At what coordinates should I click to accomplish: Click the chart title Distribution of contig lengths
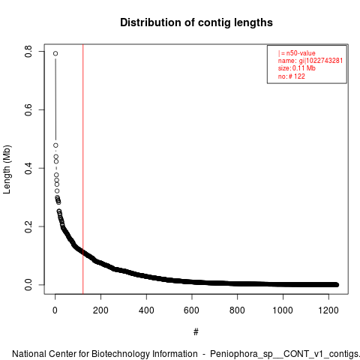[196, 22]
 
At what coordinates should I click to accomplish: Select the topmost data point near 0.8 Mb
[55, 53]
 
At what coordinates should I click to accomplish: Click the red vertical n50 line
[82, 169]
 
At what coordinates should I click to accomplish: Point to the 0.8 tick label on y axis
[28, 51]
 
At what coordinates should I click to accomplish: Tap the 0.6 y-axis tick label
[28, 109]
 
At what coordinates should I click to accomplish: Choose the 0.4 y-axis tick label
[28, 168]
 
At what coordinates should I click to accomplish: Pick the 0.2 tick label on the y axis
[28, 226]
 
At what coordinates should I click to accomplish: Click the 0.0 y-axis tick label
[28, 285]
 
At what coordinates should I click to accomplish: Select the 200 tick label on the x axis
[100, 310]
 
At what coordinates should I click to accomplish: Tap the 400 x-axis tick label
[146, 310]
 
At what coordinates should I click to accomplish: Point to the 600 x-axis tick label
[192, 310]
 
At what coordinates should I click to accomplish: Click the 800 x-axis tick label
[237, 310]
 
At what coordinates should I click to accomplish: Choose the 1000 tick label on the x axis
[283, 310]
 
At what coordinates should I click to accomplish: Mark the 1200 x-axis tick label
[328, 310]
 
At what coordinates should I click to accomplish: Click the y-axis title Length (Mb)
[7, 169]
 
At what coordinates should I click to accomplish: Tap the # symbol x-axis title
[196, 332]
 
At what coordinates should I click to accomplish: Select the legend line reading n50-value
[297, 53]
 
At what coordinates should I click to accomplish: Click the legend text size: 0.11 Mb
[297, 68]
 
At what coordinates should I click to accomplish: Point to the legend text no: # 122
[292, 76]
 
